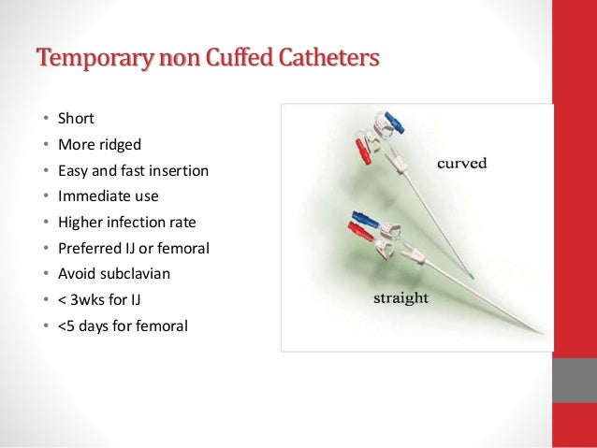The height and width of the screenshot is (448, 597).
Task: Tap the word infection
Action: pos(140,223)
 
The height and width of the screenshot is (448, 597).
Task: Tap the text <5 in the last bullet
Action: pos(66,325)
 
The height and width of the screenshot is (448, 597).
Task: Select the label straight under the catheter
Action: pos(400,299)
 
